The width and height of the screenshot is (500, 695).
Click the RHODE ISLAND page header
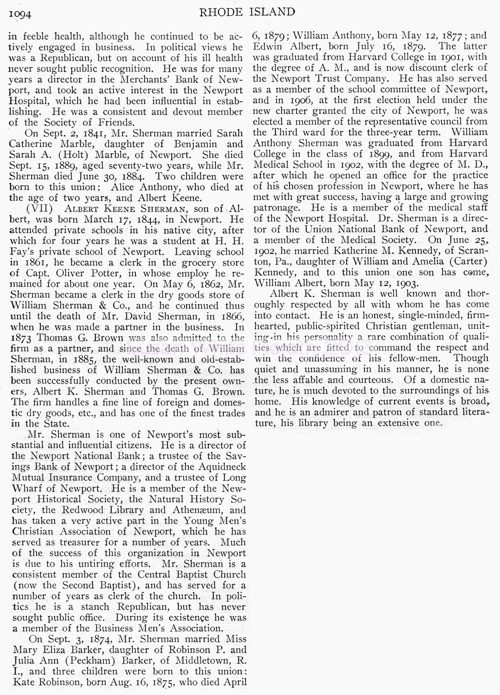point(247,12)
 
